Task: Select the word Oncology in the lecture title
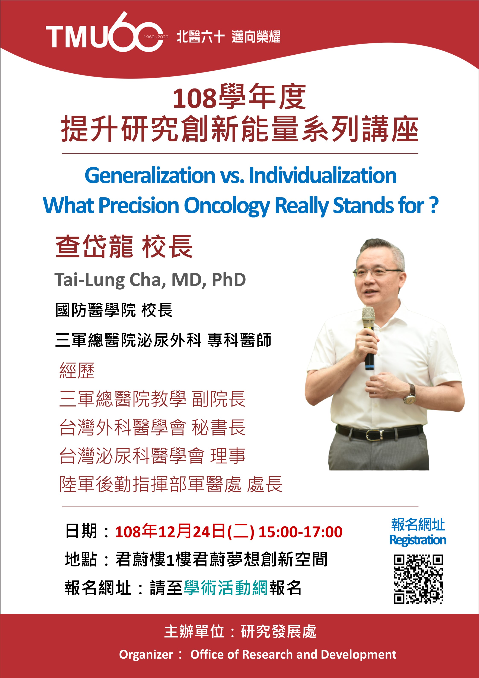coord(227,206)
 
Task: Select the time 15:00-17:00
coord(300,532)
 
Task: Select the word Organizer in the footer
coord(146,654)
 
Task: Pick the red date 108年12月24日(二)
coord(185,532)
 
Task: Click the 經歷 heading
coord(77,371)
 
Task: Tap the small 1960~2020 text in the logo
coord(156,37)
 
